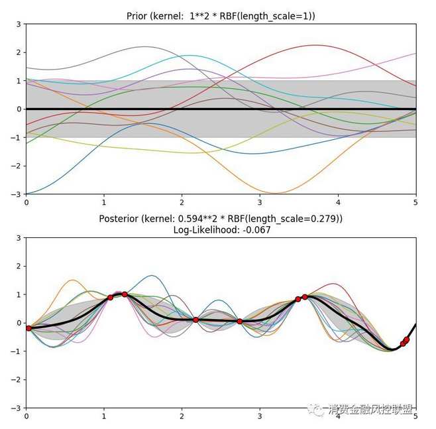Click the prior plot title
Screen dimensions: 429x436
click(221, 16)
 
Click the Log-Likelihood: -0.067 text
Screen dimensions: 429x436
click(221, 229)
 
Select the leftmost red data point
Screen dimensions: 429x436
click(28, 328)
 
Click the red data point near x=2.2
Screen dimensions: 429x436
click(195, 320)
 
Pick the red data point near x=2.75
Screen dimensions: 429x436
click(240, 322)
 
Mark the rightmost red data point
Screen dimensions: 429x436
click(406, 339)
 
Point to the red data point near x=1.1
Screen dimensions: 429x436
click(111, 298)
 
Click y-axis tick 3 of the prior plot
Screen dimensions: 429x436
click(19, 24)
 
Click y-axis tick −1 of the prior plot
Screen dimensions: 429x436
click(17, 137)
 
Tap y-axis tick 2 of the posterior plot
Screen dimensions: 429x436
click(19, 266)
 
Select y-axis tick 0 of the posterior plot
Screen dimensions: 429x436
click(19, 323)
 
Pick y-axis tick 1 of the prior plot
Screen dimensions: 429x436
click(19, 81)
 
